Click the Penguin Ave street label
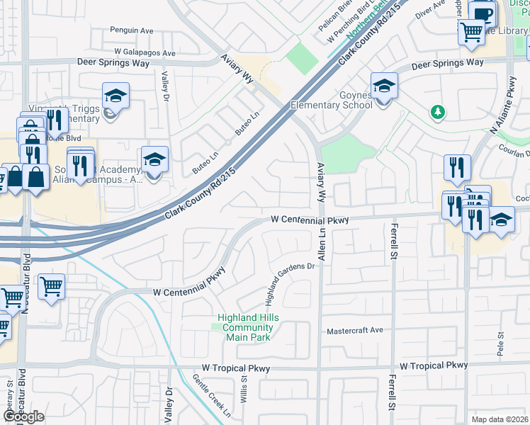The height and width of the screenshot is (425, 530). pyautogui.click(x=132, y=30)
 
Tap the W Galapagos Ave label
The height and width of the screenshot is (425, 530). pyautogui.click(x=135, y=53)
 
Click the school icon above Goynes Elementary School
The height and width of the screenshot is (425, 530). pyautogui.click(x=384, y=86)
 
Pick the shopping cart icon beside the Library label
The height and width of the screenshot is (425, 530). pyautogui.click(x=471, y=32)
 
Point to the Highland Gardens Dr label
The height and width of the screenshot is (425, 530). pyautogui.click(x=291, y=283)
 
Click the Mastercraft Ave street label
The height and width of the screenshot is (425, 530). pyautogui.click(x=354, y=331)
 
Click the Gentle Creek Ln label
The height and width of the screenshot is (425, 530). pyautogui.click(x=212, y=395)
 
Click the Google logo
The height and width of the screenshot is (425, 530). pyautogui.click(x=24, y=416)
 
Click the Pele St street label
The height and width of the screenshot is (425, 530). pyautogui.click(x=500, y=345)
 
